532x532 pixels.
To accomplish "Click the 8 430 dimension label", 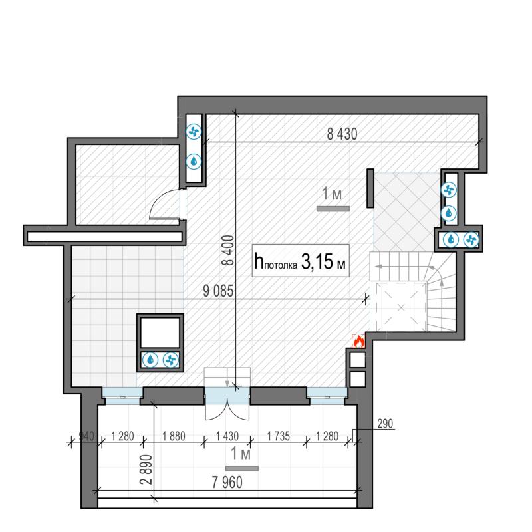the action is tap(342, 134).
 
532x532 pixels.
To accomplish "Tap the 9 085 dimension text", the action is tap(218, 291).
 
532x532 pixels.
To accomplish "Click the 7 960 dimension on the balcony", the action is tap(227, 483).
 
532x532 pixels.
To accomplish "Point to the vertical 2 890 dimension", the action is tap(146, 469).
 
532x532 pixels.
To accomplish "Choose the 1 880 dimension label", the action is tap(174, 436).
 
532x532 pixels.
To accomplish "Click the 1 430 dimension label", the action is tap(227, 436).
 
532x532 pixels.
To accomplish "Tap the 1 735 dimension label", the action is tap(278, 436).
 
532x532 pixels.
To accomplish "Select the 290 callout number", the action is tap(385, 424).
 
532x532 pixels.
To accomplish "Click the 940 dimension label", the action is tap(86, 436).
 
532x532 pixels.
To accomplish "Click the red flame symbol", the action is tap(358, 341).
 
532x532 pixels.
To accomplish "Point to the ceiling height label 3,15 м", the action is tap(323, 262).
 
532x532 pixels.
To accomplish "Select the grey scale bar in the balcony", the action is tap(242, 469).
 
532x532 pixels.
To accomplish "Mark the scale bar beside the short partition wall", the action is tap(333, 209).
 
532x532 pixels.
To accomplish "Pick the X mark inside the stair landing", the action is tap(401, 307).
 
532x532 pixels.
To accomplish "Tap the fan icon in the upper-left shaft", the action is tap(194, 132).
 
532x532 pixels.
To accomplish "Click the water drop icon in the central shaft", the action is tap(150, 360).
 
